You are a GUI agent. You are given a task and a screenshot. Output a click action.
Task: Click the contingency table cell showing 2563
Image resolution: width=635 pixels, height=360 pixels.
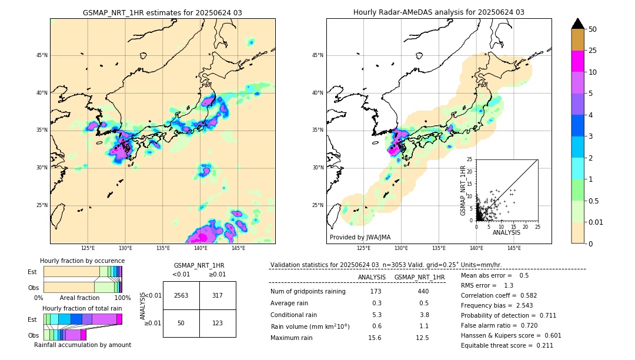pos(181,295)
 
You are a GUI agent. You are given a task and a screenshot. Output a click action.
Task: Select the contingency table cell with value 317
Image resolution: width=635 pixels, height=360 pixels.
pos(217,295)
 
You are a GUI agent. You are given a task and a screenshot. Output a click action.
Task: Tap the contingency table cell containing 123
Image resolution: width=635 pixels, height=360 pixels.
pos(217,324)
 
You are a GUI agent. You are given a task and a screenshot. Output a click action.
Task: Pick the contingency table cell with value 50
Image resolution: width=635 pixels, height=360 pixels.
pos(181,324)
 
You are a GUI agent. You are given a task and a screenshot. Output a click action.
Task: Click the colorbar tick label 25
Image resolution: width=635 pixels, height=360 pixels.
pos(593,51)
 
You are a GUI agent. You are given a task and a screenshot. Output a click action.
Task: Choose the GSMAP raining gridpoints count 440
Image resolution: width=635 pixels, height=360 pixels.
pos(423,291)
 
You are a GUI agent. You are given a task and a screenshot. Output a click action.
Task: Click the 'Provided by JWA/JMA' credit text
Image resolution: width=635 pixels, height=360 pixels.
pos(360,237)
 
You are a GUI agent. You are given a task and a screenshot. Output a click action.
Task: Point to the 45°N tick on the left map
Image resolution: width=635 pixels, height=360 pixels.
pos(41,55)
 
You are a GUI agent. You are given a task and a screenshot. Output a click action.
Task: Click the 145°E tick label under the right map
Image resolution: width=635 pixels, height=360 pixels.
pos(514,248)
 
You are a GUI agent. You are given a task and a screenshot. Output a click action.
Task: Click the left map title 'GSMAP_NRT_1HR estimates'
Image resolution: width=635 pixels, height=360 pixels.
pos(162,12)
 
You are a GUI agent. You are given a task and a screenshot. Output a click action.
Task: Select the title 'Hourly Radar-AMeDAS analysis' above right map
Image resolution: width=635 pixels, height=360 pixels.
pos(439,12)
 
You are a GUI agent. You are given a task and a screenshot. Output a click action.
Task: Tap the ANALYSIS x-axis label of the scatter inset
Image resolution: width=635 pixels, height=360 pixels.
pos(506,232)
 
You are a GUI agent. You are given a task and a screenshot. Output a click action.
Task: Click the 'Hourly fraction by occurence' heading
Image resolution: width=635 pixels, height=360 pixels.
pos(82,261)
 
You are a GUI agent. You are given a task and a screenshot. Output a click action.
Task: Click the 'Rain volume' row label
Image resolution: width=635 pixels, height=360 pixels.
pos(310,326)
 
